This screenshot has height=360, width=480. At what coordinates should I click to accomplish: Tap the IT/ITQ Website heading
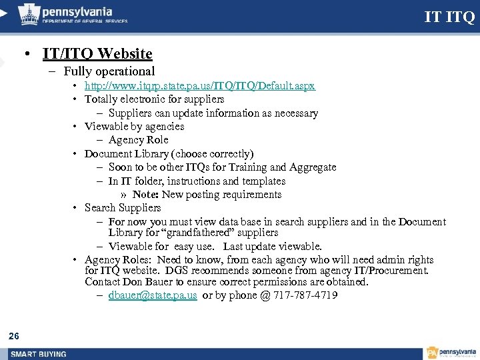97,53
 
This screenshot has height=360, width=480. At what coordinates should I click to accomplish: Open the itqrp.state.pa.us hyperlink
199,86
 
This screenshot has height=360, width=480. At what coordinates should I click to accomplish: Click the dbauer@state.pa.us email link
153,295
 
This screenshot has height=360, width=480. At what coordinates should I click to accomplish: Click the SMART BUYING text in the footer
38,353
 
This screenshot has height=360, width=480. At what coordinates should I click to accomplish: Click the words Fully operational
109,71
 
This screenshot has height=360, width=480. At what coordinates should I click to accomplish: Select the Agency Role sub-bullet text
138,140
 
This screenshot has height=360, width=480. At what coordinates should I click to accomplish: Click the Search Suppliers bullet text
123,208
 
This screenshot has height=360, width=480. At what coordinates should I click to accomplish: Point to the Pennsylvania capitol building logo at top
28,14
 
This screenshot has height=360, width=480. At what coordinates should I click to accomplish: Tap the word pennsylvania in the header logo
77,12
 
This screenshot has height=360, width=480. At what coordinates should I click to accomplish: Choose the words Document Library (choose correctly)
169,153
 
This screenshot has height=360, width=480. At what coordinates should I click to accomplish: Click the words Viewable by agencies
134,126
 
